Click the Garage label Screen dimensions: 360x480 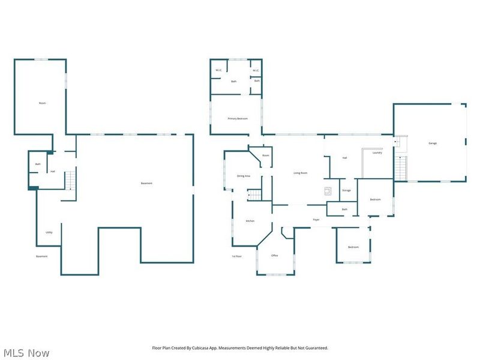point(432,143)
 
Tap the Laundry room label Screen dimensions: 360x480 point(377,153)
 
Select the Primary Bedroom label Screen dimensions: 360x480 point(238,119)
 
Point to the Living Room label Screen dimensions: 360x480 point(300,173)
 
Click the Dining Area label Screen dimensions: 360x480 point(243,176)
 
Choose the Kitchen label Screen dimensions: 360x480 point(250,221)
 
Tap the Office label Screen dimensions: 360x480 point(274,256)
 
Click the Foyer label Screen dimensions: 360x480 point(316,220)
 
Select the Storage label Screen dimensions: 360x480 point(346,190)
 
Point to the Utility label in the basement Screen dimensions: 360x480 point(49,232)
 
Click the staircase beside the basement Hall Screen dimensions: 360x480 point(71,179)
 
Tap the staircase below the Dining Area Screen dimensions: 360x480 point(256,194)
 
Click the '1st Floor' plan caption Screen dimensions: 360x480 point(236,256)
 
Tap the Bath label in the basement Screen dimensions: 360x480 point(38,164)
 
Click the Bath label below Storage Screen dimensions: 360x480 point(344,209)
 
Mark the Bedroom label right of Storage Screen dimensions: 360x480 point(375,199)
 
